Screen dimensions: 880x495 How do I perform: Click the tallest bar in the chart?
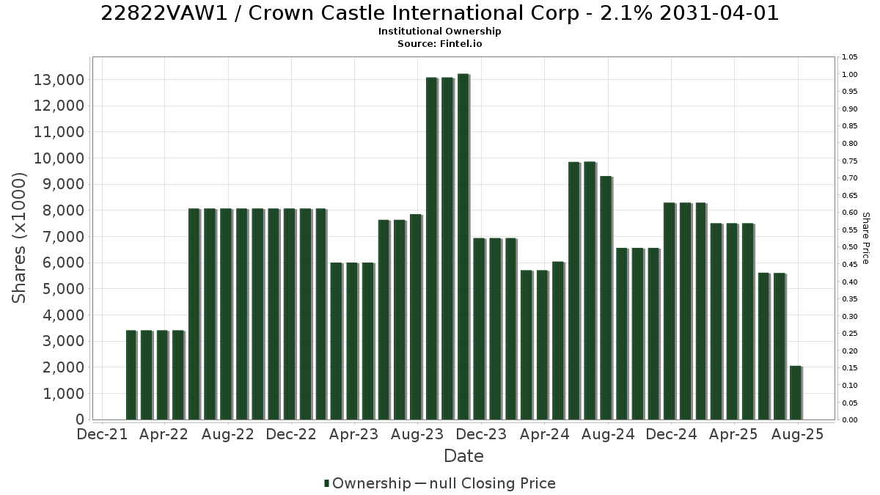click(463, 246)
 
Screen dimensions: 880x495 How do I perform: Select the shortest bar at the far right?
click(796, 393)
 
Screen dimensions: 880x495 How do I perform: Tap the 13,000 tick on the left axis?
click(59, 80)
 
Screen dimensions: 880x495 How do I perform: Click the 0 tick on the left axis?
click(80, 419)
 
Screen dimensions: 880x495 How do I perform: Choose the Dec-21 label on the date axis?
click(102, 434)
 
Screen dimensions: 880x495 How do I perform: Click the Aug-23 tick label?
click(417, 434)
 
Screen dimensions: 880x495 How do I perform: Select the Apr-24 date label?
click(544, 434)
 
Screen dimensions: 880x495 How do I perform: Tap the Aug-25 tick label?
click(798, 434)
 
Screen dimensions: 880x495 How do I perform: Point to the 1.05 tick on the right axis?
click(850, 57)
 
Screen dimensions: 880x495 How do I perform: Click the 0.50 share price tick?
click(850, 247)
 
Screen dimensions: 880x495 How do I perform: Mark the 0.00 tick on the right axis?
click(850, 420)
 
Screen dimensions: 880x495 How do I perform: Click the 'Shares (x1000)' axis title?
click(19, 238)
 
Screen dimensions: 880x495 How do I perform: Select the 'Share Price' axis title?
click(865, 238)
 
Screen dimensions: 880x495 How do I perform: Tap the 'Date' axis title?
click(463, 456)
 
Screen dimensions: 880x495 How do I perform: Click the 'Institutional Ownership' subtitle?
click(439, 32)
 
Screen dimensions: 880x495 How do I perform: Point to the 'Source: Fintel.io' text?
click(439, 43)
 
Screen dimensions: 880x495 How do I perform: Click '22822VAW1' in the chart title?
click(164, 13)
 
